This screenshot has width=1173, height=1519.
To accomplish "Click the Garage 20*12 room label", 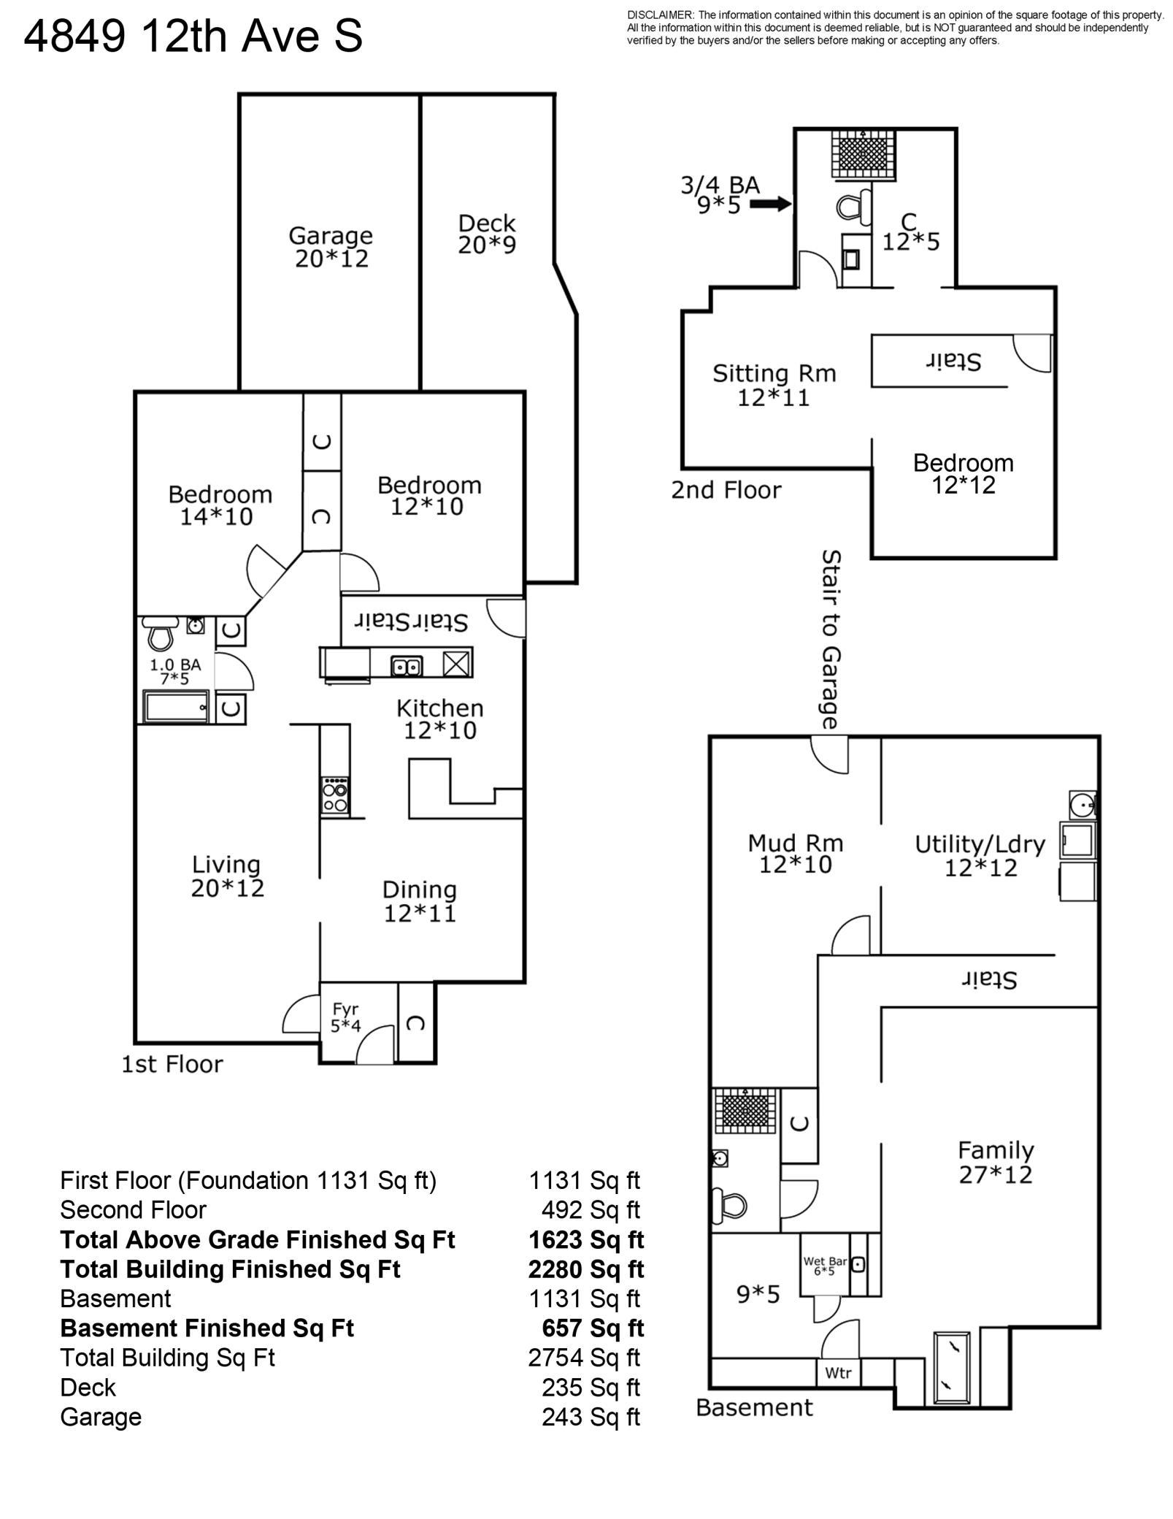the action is [331, 247].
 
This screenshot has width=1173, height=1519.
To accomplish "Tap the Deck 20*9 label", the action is [487, 234].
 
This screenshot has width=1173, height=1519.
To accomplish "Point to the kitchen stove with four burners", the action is [335, 795].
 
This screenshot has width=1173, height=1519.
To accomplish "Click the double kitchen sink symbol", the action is [406, 666].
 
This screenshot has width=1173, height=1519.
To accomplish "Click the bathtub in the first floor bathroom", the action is [176, 706].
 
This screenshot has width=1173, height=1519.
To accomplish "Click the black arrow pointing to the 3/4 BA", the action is [771, 204].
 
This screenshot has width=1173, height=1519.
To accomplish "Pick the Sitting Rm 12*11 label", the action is [774, 385].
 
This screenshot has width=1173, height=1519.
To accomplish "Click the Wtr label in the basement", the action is [838, 1373].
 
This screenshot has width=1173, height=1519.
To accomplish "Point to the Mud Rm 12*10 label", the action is [796, 854].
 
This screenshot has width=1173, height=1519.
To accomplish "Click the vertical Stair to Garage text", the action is [831, 640].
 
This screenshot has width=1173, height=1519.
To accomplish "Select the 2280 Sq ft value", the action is [586, 1269].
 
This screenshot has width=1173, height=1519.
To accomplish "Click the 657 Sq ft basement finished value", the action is [593, 1328].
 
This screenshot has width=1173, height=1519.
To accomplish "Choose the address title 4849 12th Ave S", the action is [193, 37].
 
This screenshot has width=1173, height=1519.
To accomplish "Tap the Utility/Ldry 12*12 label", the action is [980, 856].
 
